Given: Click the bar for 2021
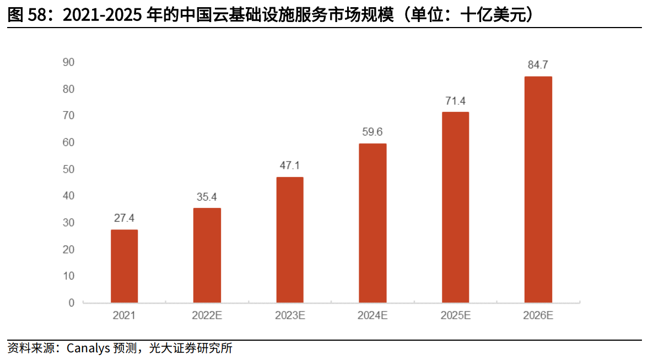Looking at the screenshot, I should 124,266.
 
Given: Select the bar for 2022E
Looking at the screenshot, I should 207,255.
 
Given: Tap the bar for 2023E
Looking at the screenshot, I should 290,240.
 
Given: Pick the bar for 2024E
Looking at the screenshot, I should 372,223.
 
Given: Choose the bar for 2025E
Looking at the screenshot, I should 455,207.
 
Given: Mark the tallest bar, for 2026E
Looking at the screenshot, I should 538,190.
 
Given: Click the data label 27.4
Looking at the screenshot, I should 125,218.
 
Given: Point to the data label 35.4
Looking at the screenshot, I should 207,196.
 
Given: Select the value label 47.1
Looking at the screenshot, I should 290,165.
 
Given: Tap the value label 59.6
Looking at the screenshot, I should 372,132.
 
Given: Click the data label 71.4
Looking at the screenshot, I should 455,100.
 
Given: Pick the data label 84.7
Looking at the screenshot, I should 538,65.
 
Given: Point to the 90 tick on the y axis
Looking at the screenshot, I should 68,62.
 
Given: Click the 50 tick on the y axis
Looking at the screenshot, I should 68,169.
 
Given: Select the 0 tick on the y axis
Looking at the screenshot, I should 71,303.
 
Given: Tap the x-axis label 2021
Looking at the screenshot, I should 124,316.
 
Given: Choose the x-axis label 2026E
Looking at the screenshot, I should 538,316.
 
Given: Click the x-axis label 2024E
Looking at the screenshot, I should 372,316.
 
